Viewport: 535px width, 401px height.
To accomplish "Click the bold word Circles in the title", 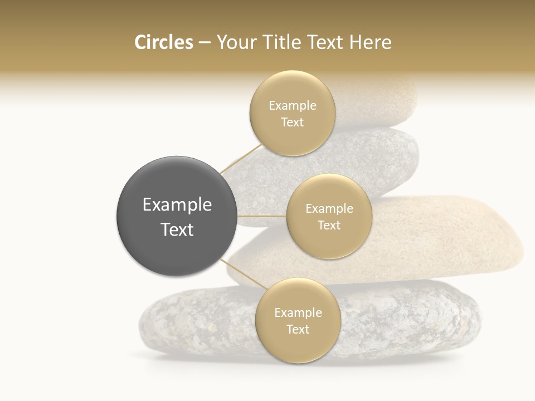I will point(163,42).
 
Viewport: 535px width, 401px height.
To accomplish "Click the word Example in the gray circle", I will point(177,205).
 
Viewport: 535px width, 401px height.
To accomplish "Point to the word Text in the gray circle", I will point(177,229).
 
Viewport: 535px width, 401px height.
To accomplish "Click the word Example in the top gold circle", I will point(293,106).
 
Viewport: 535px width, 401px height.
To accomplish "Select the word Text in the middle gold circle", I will point(329,226).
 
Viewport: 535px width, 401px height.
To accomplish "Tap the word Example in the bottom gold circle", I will point(298,313).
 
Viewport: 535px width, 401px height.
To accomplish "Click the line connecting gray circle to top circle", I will point(240,158).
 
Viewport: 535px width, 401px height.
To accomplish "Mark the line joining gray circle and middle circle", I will point(262,216).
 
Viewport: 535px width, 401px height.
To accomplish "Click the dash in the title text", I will point(205,43).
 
